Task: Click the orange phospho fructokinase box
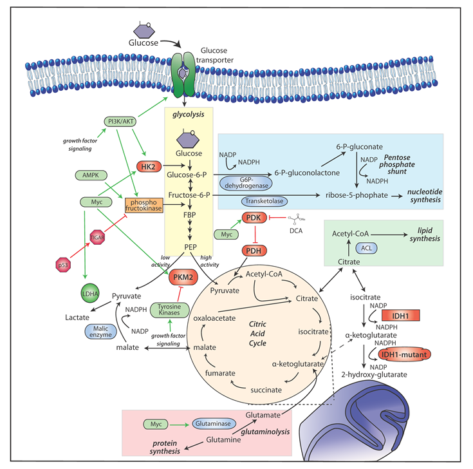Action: (x=143, y=206)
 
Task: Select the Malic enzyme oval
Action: (x=100, y=332)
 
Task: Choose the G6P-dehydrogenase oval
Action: (x=247, y=183)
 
